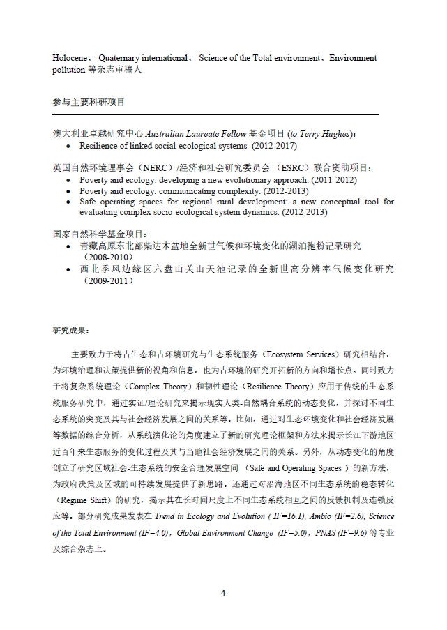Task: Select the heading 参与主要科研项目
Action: pyautogui.click(x=88, y=101)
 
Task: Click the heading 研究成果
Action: pyautogui.click(x=70, y=330)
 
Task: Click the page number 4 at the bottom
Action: pyautogui.click(x=223, y=593)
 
